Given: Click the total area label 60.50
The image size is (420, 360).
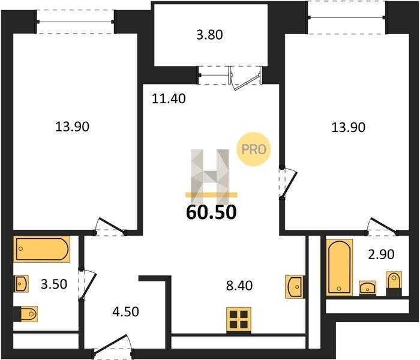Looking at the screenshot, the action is pos(211,212).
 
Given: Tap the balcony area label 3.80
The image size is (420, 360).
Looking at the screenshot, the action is pos(209,35).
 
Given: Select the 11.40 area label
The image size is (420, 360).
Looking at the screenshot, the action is pos(169,99).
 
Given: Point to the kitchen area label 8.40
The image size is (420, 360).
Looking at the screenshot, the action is pos(239,286).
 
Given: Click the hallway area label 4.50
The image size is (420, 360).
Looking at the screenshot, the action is pos(125,312).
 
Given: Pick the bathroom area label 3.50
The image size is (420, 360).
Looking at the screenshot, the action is pos(54,284).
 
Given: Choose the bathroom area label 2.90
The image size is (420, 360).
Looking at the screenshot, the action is pos(381,254).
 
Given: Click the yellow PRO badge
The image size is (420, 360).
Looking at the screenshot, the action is pos(253,149).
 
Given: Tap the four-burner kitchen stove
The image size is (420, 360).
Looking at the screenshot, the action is pos(239,320).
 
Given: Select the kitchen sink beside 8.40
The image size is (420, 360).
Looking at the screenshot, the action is pos(295,287).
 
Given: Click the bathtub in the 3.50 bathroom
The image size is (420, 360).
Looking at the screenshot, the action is pos(42,249).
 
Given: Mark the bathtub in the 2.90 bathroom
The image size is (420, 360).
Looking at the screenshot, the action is pos(340,266).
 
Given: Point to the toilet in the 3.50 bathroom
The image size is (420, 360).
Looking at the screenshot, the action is pos(26,314).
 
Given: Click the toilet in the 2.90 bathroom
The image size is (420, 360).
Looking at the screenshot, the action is pos(394,283).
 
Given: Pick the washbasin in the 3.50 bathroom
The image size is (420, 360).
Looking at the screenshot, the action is pos(22,284).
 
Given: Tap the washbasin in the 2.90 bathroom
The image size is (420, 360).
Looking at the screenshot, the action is pos(367,288).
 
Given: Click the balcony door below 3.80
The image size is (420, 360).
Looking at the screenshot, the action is pos(245,80).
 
